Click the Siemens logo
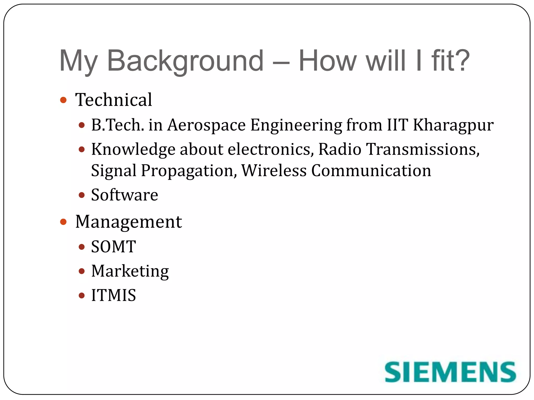pos(450,372)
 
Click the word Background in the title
pos(185,61)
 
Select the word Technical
pos(113,100)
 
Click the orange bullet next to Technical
pos(63,100)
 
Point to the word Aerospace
pos(206,125)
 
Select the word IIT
pos(397,125)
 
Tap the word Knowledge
pos(133,150)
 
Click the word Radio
pos(340,149)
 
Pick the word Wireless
pos(274,171)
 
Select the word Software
pos(124,195)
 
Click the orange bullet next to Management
pos(63,222)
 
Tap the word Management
pos(129,222)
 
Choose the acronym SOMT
pos(113,247)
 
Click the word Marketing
pos(130,271)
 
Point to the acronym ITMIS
pos(113,296)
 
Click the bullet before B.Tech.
pos(82,125)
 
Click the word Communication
pos(371,171)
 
